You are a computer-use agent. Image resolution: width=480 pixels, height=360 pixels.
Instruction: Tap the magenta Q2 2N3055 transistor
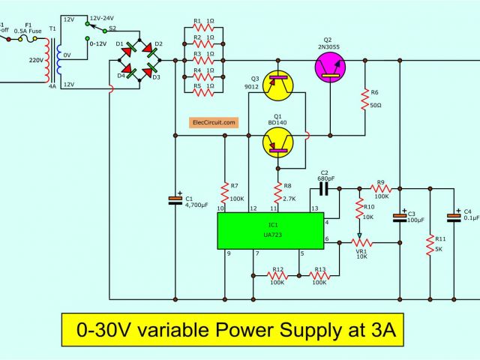[x=328, y=67]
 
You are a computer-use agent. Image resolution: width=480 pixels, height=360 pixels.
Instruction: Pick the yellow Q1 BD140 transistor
[x=280, y=140]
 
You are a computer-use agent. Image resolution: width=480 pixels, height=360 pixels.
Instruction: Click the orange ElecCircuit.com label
[x=214, y=121]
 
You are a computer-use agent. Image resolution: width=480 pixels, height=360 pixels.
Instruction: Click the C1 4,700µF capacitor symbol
[x=175, y=199]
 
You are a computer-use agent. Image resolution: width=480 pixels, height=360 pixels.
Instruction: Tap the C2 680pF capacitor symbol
[x=325, y=184]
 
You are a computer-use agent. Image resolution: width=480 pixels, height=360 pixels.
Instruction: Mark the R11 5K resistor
[x=430, y=245]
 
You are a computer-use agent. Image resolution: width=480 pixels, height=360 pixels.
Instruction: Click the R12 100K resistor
[x=278, y=275]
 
